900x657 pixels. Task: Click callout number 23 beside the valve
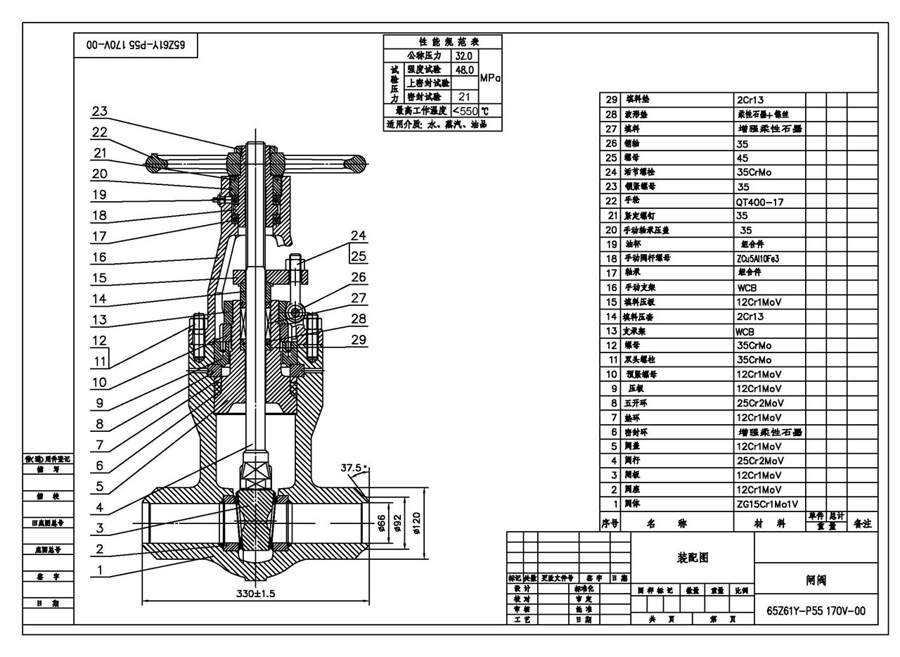pos(100,111)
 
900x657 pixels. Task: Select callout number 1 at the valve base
pos(100,570)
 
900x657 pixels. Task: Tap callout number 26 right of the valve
pos(359,278)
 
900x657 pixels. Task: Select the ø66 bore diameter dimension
pos(381,524)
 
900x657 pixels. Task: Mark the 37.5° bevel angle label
pos(354,468)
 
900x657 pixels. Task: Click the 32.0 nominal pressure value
pos(463,56)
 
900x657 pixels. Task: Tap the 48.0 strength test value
pos(463,70)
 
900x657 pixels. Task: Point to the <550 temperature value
pos(465,111)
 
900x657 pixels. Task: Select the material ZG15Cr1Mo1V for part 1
pos(767,504)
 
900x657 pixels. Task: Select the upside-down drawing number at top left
pos(136,45)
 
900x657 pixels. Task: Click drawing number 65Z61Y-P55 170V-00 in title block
pos(816,611)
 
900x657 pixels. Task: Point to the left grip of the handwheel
pos(155,164)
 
